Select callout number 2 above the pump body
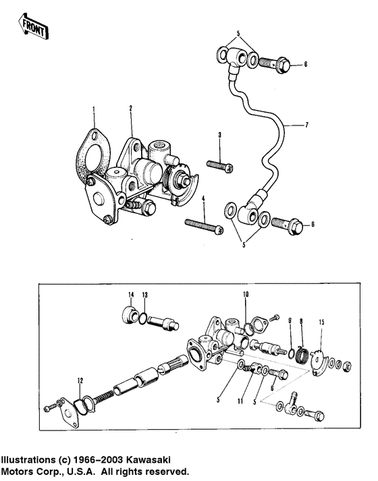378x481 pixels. tap(131, 109)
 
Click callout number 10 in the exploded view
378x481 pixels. tap(246, 295)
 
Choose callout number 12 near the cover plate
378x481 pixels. tap(80, 381)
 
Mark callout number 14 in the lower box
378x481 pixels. tap(131, 295)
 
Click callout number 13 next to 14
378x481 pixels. tap(144, 295)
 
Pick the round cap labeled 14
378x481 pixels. tap(130, 314)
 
